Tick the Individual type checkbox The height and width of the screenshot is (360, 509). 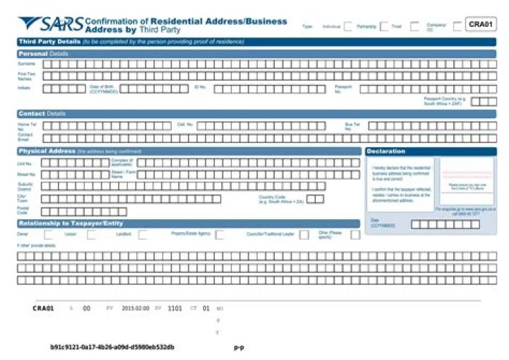pos(348,26)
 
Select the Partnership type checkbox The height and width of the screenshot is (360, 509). pos(384,26)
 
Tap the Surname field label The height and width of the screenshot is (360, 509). pos(25,64)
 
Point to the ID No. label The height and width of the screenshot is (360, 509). pos(200,88)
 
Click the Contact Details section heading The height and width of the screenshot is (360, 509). pos(42,113)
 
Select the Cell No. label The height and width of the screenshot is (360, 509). pos(185,125)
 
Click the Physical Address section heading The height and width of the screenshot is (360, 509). pos(47,151)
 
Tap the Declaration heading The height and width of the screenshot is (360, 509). pos(387,151)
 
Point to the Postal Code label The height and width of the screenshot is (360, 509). pos(23,211)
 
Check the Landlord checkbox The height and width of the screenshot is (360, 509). pos(143,234)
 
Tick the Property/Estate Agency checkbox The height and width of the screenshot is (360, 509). pos(220,234)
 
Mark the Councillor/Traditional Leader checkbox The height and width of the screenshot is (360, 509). pos(304,234)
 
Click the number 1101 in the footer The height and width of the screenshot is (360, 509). pos(175,308)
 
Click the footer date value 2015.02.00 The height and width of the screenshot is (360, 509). pos(135,308)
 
